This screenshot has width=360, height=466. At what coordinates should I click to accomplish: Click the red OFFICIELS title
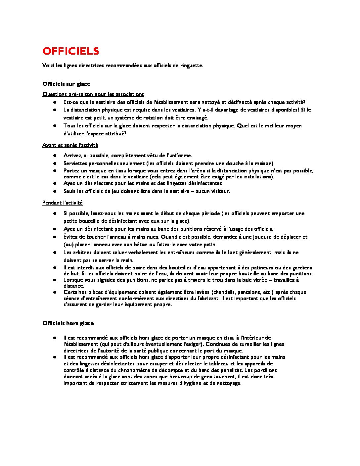coord(70,51)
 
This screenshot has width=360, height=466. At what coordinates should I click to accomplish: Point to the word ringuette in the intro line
coord(191,66)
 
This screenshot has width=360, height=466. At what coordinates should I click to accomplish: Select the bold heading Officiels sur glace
coord(66,84)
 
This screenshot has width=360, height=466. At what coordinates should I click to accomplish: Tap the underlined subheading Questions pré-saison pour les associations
coord(93,94)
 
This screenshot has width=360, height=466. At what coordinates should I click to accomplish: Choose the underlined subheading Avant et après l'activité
coord(70,145)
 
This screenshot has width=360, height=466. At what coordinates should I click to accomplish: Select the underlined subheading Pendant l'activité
coord(62,203)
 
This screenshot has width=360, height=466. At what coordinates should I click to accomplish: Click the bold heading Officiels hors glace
coord(68,323)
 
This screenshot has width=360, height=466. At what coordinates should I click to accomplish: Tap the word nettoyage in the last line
coord(228,383)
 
